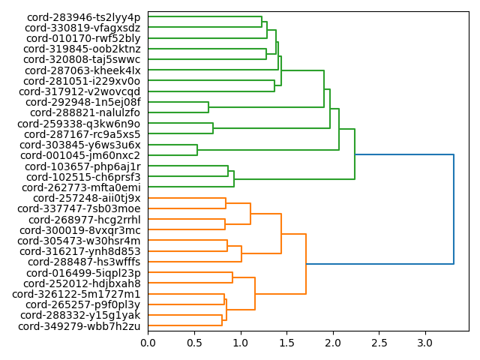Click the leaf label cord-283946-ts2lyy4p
[83, 17]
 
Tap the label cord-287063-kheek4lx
[82, 70]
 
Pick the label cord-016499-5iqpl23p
[82, 273]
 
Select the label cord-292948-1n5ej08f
[82, 102]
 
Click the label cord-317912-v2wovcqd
[82, 91]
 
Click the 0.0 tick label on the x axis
[148, 343]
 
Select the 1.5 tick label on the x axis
[286, 343]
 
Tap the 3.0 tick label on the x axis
[425, 343]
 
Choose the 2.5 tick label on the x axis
[379, 343]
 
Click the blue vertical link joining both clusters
[454, 209]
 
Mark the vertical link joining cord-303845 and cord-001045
[197, 150]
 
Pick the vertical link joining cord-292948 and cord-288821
[208, 107]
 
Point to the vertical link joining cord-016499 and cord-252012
[232, 278]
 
